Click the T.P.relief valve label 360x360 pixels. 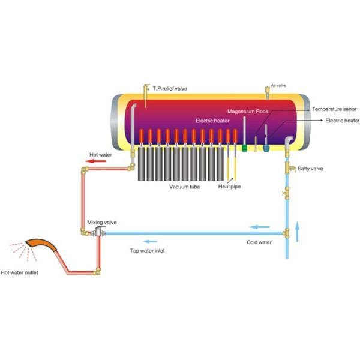(x=170, y=88)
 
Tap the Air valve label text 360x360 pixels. (x=280, y=86)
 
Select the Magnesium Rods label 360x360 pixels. (x=248, y=111)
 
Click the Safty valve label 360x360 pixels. (x=310, y=169)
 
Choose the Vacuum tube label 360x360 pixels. (x=184, y=187)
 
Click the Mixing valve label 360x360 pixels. (x=101, y=222)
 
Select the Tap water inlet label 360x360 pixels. (x=147, y=250)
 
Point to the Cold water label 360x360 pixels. (x=260, y=242)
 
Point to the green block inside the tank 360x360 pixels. (x=245, y=147)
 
